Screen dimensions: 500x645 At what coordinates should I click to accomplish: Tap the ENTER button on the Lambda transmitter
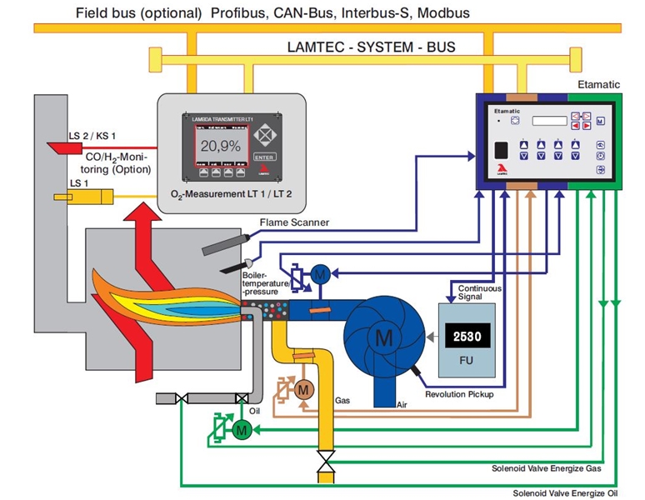[263, 155]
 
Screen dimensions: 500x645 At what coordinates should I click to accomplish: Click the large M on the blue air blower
[383, 337]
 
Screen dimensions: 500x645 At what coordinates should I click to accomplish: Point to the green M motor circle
[242, 430]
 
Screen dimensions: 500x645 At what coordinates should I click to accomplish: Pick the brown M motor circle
[303, 388]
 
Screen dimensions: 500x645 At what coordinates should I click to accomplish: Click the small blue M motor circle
[321, 274]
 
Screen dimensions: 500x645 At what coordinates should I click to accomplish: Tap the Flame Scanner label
[294, 222]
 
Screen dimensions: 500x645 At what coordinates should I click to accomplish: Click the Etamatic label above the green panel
[597, 85]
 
